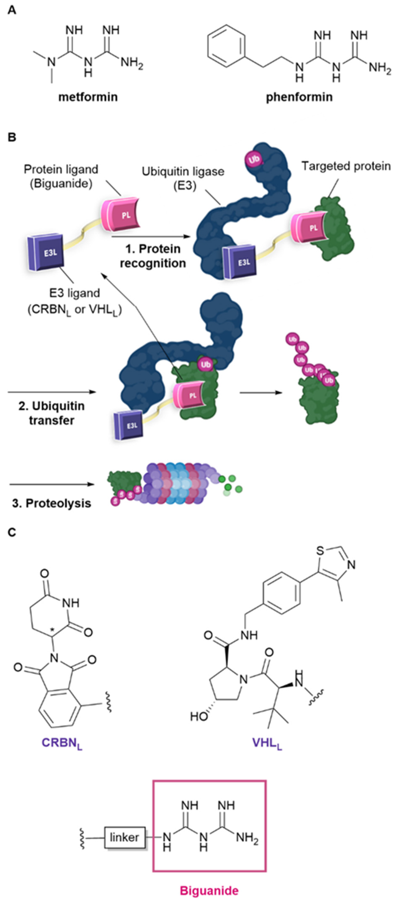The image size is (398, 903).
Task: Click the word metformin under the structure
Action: (88, 97)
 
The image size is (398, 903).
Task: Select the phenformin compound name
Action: (299, 97)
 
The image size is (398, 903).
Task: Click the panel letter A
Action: (12, 10)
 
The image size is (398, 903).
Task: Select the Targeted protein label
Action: (346, 166)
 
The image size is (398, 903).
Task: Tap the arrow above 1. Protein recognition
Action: (151, 237)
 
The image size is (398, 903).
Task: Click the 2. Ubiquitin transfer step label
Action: (52, 413)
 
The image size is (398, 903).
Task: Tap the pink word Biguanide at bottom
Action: (209, 890)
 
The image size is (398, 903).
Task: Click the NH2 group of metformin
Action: (132, 64)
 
